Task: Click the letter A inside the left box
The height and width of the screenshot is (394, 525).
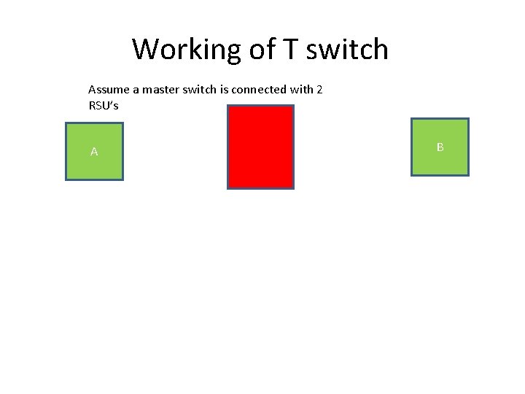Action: tap(94, 152)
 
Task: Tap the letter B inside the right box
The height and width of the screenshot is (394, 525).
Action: tap(440, 147)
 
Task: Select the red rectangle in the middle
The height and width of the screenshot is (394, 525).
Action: tap(260, 147)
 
